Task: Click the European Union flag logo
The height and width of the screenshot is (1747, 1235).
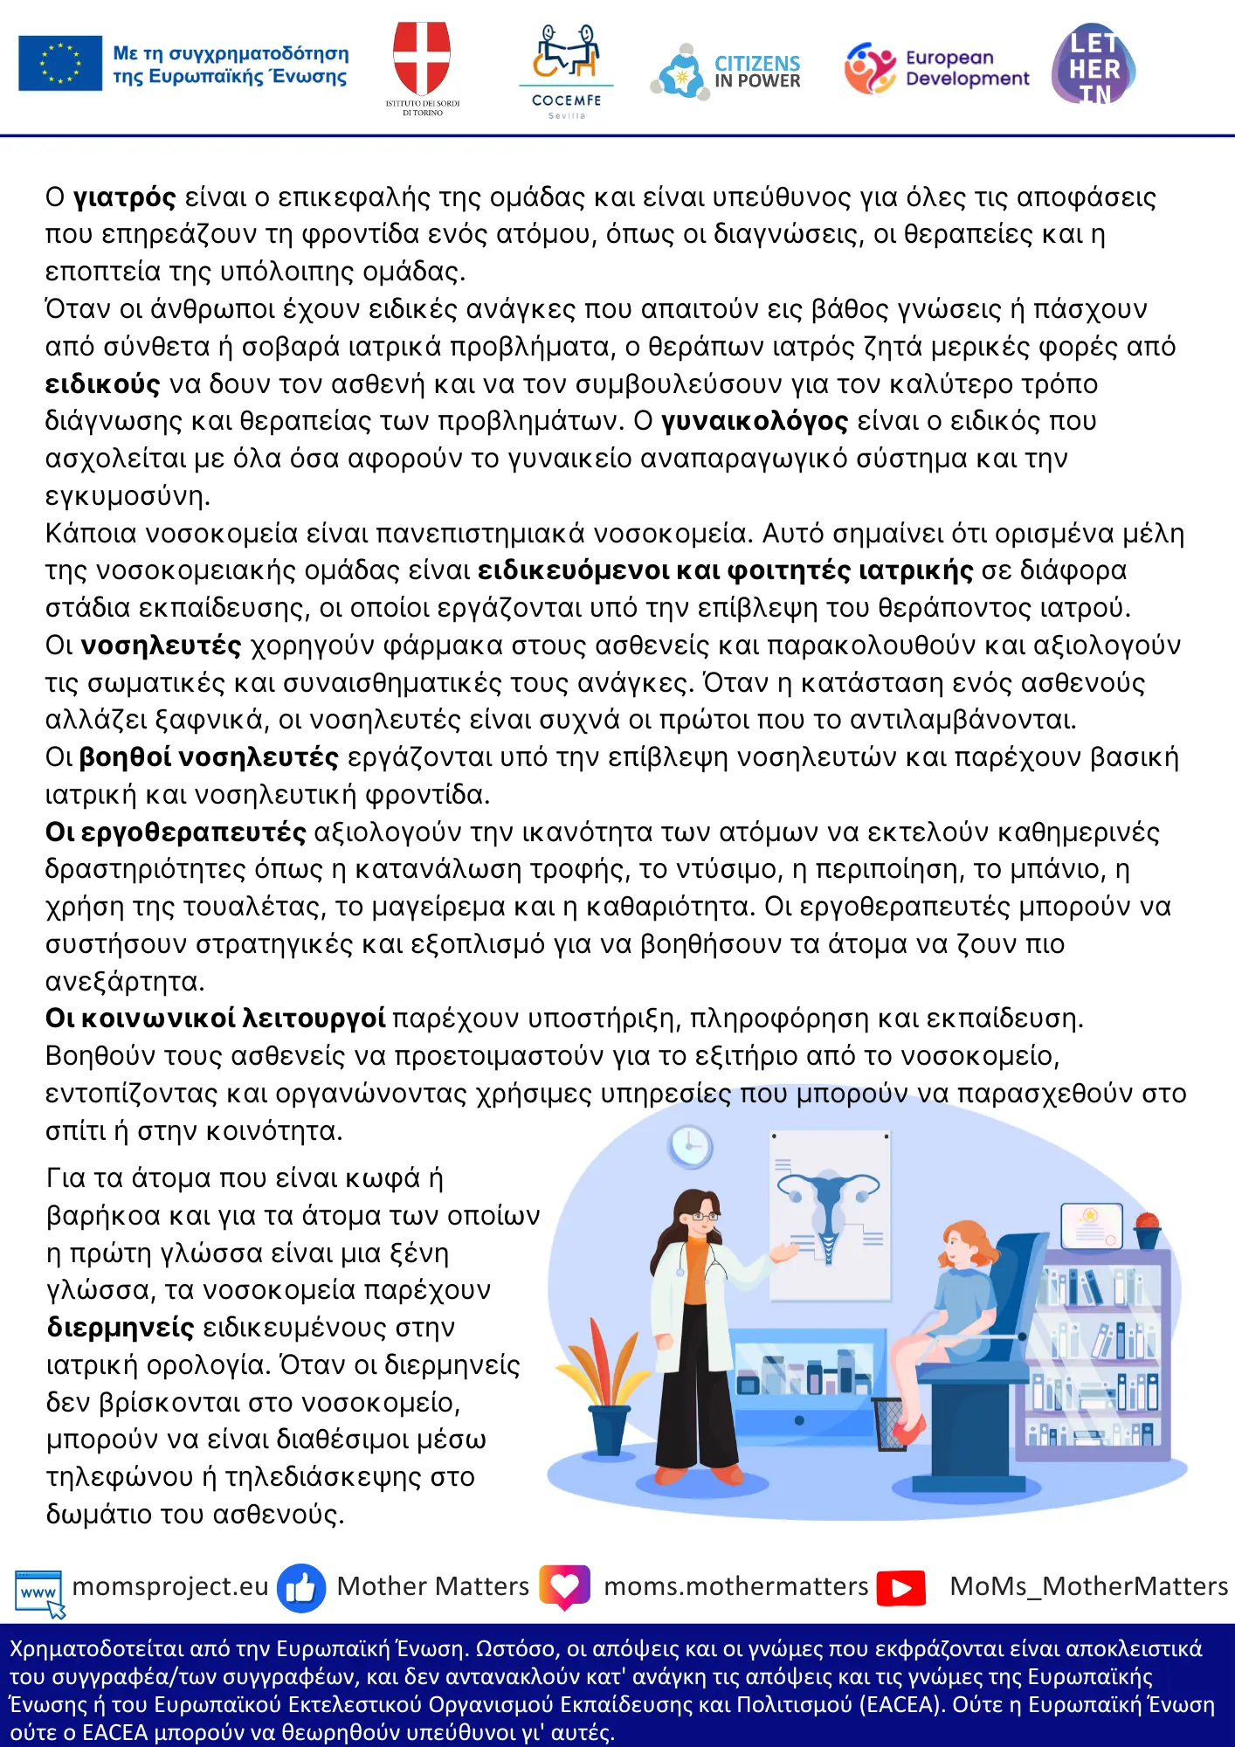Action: (x=60, y=63)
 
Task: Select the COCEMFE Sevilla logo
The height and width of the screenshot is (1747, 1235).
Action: (x=567, y=70)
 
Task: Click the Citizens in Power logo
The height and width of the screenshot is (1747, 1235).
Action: (x=726, y=71)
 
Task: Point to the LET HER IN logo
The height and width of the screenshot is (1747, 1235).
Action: (x=1094, y=66)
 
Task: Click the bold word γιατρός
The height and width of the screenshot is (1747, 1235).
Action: (x=125, y=197)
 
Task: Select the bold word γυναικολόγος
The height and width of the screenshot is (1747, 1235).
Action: (x=755, y=421)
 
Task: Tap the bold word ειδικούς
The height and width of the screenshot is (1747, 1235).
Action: (x=103, y=384)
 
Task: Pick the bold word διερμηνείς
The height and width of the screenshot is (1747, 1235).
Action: (x=121, y=1327)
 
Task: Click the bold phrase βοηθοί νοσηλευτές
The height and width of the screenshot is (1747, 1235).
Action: (x=209, y=756)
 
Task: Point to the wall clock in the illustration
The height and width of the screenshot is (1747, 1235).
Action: (x=690, y=1146)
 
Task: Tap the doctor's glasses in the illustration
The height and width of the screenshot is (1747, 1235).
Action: (x=704, y=1215)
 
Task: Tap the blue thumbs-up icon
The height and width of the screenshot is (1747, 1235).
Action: (x=301, y=1587)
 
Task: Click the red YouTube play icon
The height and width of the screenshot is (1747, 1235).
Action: (x=901, y=1587)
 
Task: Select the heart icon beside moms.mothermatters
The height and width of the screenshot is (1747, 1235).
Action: (x=565, y=1586)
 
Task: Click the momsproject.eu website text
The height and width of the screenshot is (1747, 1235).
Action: (x=170, y=1586)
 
